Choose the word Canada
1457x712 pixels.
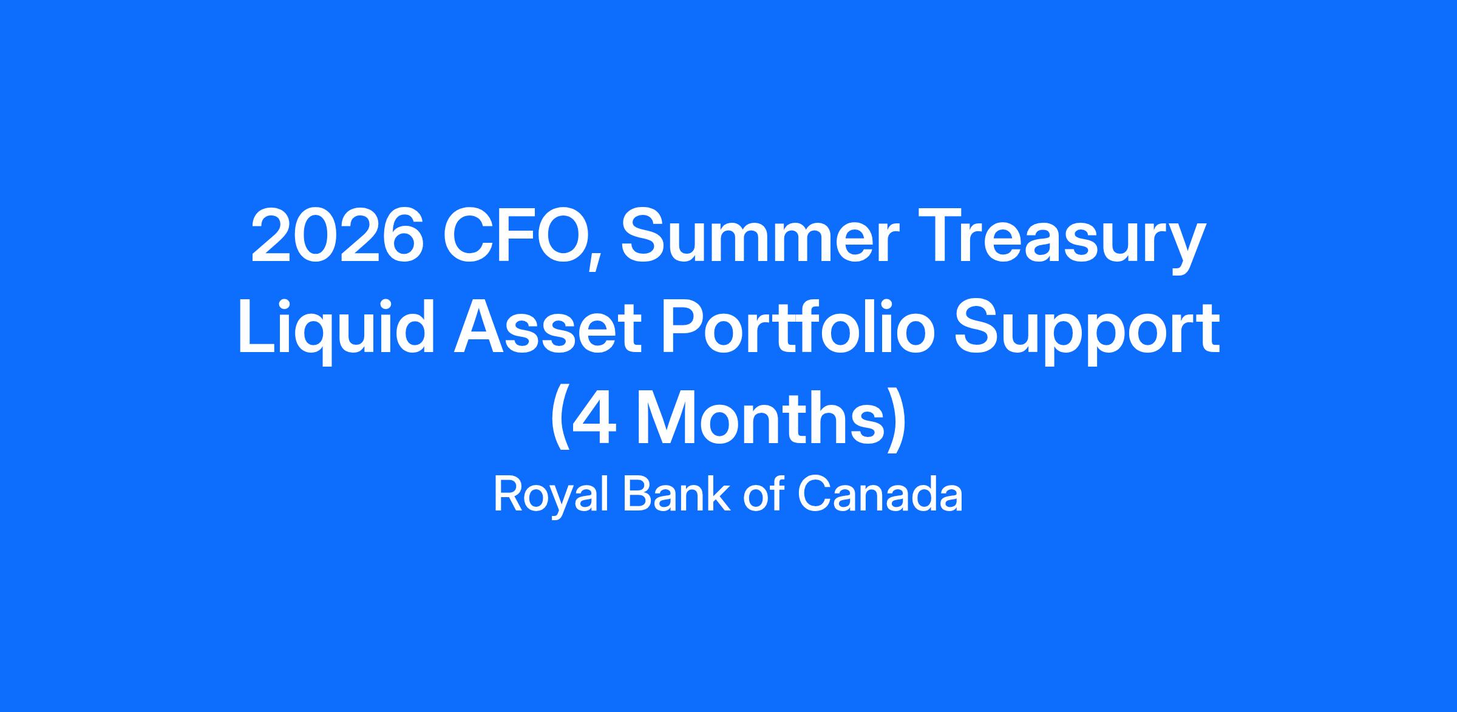(880, 494)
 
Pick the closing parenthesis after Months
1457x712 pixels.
(897, 421)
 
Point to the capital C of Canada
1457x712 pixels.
(816, 494)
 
